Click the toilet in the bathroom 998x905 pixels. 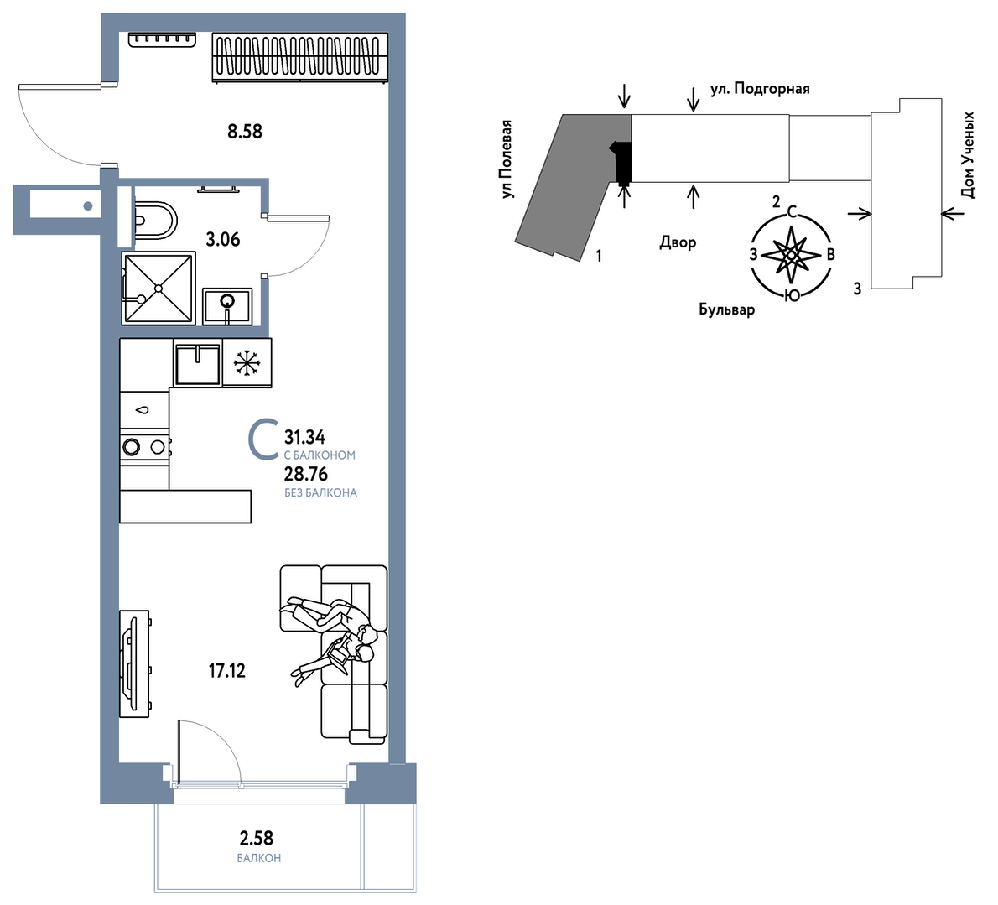click(x=156, y=221)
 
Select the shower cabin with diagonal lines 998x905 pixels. click(x=159, y=289)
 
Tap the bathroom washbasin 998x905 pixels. click(x=227, y=306)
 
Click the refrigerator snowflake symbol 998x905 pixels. click(x=247, y=363)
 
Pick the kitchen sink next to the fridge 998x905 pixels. click(x=197, y=364)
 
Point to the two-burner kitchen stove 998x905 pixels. click(x=144, y=447)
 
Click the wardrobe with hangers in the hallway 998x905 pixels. click(x=299, y=57)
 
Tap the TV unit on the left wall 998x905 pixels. click(x=134, y=663)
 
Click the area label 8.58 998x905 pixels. click(x=245, y=132)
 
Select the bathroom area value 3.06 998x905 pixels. click(x=223, y=240)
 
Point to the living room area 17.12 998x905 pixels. click(x=227, y=670)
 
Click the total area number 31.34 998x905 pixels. click(x=305, y=437)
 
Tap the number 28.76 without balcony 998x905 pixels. click(x=305, y=474)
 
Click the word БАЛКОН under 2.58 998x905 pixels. click(x=259, y=858)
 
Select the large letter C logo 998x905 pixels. click(x=262, y=439)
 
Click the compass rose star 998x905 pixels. click(x=791, y=255)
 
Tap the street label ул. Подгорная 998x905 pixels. click(x=760, y=88)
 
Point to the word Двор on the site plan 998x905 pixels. click(x=678, y=242)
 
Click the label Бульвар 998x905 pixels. click(x=727, y=309)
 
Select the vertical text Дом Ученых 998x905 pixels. click(x=968, y=155)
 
